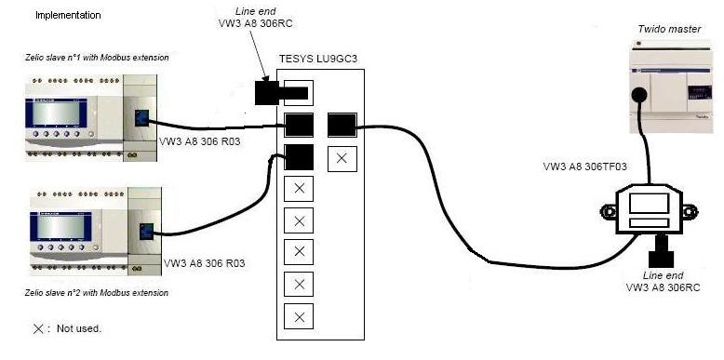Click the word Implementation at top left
coord(68,16)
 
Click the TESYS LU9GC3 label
coord(318,59)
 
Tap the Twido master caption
coord(663,31)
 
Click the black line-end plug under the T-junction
coord(663,248)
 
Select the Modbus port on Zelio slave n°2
coord(145,233)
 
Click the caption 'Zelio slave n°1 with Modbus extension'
coord(97,58)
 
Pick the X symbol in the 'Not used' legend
coord(38,328)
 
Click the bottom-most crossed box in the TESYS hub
coord(299,317)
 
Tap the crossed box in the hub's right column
coord(342,158)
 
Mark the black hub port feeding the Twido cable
coord(342,125)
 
